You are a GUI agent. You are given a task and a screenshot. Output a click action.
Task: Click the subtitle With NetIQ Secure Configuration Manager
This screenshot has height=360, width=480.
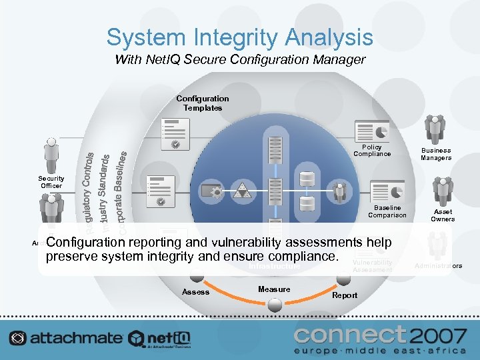tap(240, 60)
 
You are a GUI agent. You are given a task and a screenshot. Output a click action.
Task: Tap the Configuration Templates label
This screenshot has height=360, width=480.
tap(203, 103)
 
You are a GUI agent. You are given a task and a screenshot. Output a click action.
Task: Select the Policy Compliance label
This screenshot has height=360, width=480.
tap(372, 151)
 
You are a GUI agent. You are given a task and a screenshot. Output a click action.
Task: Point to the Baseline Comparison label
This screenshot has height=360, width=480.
tap(387, 211)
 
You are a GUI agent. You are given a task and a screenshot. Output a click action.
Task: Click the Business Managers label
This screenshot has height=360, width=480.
tap(435, 155)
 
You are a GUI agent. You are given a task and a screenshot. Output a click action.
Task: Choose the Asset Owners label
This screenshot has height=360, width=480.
tap(443, 215)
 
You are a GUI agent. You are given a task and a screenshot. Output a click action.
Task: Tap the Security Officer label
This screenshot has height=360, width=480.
tap(51, 182)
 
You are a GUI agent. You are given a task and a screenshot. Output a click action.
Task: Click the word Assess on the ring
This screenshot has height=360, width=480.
tap(195, 292)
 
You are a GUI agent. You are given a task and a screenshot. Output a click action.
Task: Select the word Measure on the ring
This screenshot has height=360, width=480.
tap(274, 289)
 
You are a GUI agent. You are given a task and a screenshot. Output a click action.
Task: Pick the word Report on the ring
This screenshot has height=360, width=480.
tap(345, 295)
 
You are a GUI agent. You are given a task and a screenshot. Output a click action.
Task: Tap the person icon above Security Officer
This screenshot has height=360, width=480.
tap(51, 155)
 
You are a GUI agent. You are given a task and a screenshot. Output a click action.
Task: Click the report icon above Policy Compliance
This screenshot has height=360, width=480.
tap(372, 131)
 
